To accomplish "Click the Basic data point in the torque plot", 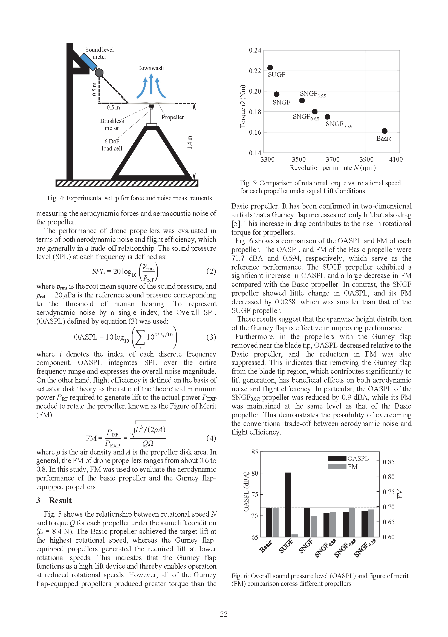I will (385, 131).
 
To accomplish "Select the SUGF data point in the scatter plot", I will (270, 67).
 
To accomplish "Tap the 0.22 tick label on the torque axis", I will (255, 71).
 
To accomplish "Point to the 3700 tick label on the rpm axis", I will (332, 160).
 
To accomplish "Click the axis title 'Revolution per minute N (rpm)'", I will (333, 168).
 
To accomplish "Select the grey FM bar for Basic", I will (275, 522).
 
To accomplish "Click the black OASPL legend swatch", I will (337, 458).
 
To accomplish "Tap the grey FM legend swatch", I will (337, 467).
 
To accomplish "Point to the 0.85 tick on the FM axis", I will (388, 462).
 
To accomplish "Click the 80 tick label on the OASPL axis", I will (255, 473).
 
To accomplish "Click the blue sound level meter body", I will (88, 62).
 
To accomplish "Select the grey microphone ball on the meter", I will (99, 73).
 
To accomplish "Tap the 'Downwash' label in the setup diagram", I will (150, 68).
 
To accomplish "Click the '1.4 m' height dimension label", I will (190, 142).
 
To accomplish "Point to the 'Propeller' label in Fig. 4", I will (172, 117).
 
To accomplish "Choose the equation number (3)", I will (211, 337).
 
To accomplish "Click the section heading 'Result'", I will (60, 500).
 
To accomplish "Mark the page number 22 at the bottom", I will (224, 614).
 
